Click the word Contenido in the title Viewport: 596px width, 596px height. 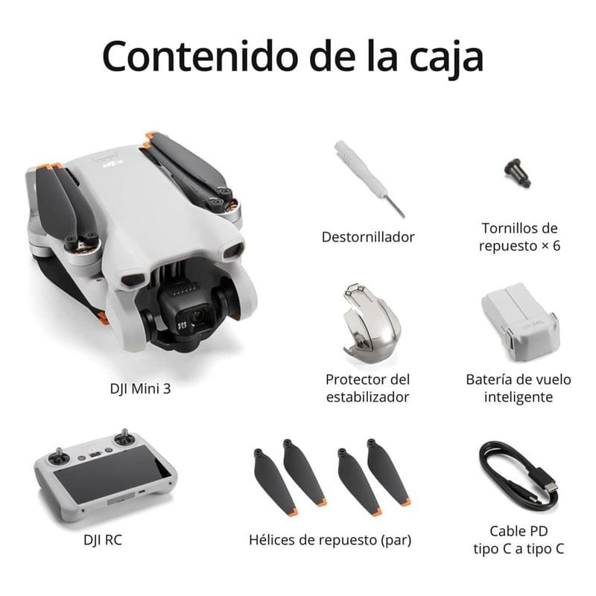point(200,56)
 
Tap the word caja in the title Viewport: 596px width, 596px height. point(446,60)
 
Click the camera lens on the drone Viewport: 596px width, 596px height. point(197,316)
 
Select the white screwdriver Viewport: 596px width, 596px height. point(368,179)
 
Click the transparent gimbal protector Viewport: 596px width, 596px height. point(370,323)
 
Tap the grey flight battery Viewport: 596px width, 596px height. point(520,322)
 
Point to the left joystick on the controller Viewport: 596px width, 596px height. point(58,456)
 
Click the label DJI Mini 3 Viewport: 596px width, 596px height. point(140,389)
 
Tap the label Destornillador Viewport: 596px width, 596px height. point(368,237)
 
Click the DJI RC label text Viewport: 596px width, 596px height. point(103,539)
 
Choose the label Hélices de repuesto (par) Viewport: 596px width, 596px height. point(330,540)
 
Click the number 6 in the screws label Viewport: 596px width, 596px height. point(556,246)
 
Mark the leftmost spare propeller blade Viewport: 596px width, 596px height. point(275,482)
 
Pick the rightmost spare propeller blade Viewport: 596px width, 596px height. point(388,472)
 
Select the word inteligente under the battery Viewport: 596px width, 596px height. point(519,397)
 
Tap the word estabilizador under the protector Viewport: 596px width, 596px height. point(367,397)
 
